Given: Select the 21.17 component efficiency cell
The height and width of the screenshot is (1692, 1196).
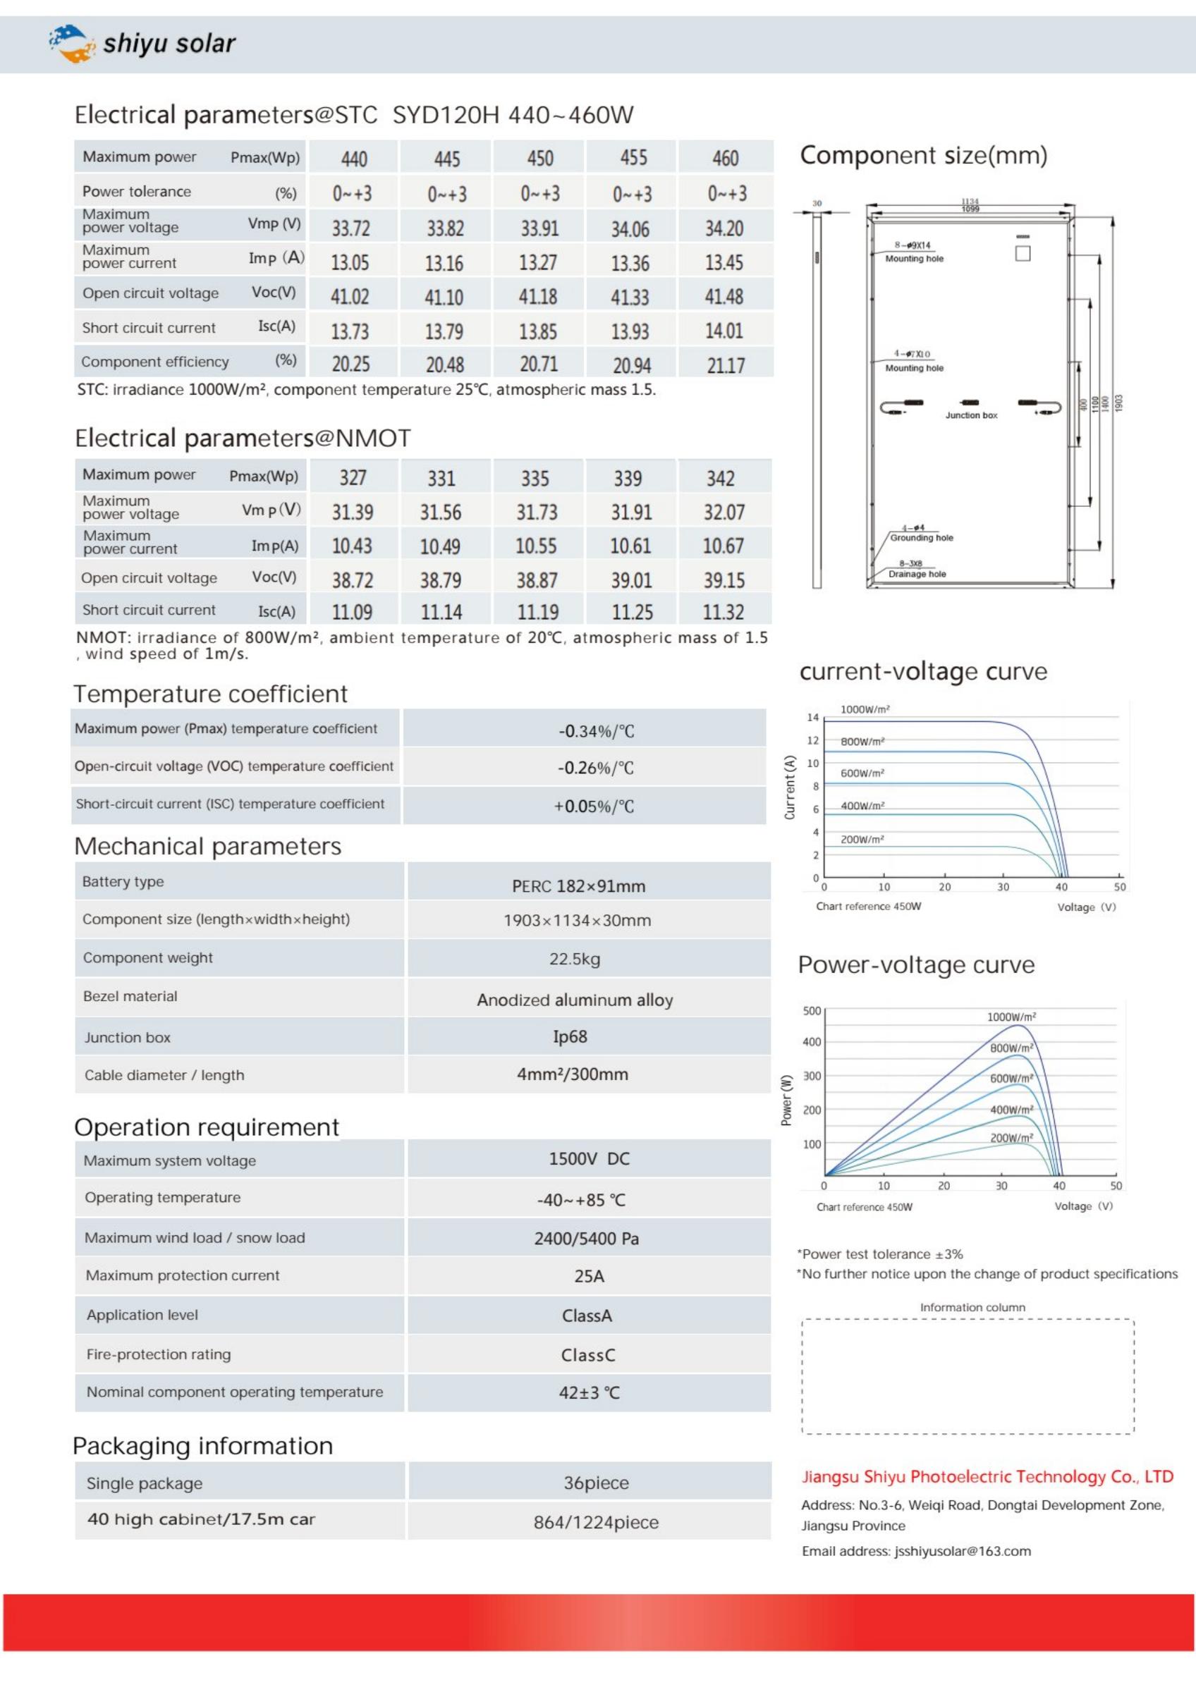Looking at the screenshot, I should [x=725, y=364].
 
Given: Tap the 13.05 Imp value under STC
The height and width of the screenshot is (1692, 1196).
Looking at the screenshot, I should [x=350, y=262].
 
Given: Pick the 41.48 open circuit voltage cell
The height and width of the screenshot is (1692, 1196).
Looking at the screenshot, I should [x=724, y=296].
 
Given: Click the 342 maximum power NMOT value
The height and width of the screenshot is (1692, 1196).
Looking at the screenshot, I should [x=720, y=478].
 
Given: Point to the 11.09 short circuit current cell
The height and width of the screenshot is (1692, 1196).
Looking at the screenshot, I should [x=351, y=612].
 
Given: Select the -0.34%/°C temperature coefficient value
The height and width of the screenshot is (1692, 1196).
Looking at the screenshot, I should [x=595, y=731].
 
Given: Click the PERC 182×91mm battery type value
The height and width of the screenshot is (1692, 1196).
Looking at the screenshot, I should [x=578, y=885].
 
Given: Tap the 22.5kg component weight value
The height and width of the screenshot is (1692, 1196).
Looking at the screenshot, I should [x=574, y=959].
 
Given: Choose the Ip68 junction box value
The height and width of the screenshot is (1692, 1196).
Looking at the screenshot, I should [x=570, y=1036].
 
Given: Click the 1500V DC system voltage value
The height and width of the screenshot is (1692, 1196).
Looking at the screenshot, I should [x=589, y=1158].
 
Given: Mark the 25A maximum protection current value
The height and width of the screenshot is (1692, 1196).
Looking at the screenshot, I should [x=589, y=1275].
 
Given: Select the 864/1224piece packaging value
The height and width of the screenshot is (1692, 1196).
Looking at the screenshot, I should [x=595, y=1522].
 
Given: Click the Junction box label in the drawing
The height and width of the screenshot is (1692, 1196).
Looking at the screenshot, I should [x=970, y=416].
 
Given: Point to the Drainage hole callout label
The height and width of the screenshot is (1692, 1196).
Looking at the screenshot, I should [x=917, y=574].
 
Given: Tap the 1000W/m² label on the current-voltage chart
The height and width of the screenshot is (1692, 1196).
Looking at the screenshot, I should [x=865, y=709].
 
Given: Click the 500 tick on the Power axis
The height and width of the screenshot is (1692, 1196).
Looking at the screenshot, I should [x=812, y=1010].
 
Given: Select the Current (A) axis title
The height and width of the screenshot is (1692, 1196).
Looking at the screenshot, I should [x=790, y=787].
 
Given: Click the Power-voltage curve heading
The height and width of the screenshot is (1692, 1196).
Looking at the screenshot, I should [x=916, y=964].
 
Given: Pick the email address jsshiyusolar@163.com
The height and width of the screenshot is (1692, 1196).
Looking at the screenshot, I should [x=963, y=1550].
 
